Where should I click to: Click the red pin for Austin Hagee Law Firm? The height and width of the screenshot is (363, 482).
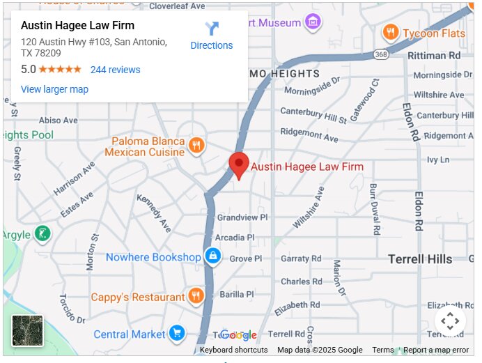[239, 165]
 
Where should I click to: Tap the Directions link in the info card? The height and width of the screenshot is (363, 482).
[212, 36]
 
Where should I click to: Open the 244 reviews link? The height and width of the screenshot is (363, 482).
[115, 70]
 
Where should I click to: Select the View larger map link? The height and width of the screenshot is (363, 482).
[54, 89]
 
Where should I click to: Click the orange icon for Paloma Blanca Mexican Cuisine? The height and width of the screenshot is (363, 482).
[196, 146]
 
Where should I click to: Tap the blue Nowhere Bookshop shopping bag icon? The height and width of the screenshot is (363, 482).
[213, 257]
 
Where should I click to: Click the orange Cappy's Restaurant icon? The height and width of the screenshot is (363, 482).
[196, 296]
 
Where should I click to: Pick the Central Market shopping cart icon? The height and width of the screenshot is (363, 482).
[177, 334]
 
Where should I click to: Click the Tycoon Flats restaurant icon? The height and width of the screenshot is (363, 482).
[391, 32]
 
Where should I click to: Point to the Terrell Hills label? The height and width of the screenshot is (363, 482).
[420, 259]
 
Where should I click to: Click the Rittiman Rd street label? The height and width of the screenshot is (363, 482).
[435, 54]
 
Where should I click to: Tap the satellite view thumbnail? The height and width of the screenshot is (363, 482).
[27, 330]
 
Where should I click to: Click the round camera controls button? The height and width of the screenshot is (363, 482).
[450, 321]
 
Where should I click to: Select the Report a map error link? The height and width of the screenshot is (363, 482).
[436, 350]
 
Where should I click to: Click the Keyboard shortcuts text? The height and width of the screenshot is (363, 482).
[233, 350]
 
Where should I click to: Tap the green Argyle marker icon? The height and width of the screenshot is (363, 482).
[42, 233]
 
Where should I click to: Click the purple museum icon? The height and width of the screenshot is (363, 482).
[313, 22]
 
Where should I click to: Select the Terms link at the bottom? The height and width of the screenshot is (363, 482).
[382, 350]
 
